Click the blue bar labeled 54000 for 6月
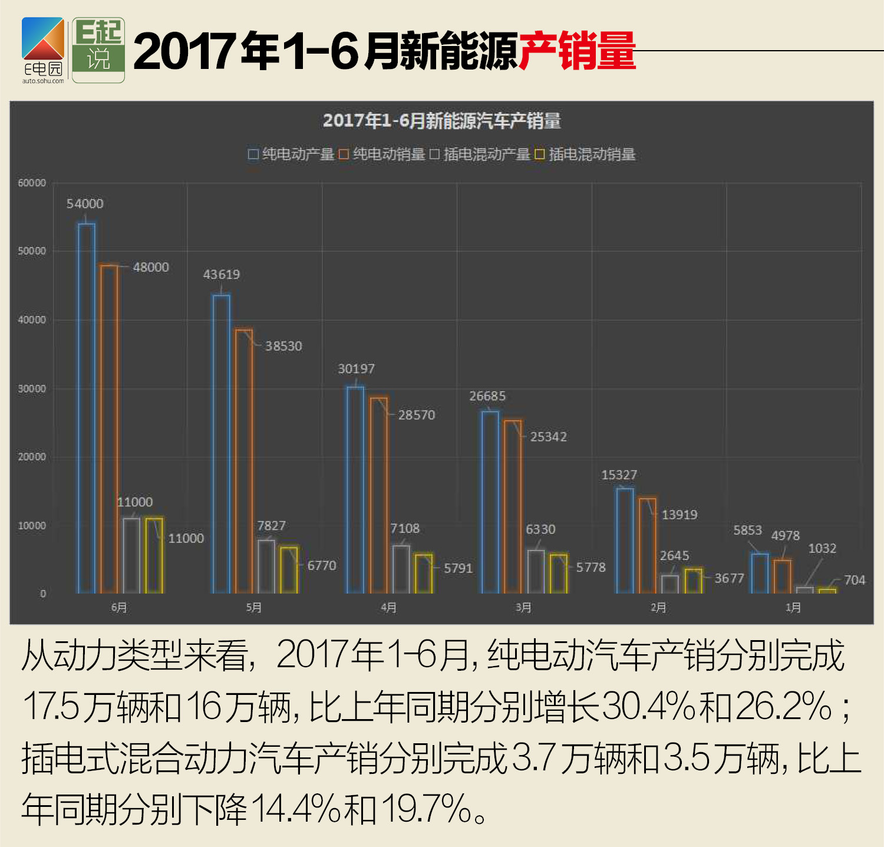87,408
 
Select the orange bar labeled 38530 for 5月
244,461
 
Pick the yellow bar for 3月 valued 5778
559,574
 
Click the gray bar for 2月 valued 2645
670,584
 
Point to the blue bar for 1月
760,573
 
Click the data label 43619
222,275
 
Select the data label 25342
548,437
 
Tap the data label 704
854,580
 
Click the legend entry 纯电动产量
291,154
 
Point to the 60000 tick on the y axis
32,183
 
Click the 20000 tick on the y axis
32,457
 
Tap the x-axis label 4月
388,608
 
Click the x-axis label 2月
658,608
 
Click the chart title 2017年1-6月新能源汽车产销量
441,121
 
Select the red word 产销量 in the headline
577,51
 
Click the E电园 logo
43,51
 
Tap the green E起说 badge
98,50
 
